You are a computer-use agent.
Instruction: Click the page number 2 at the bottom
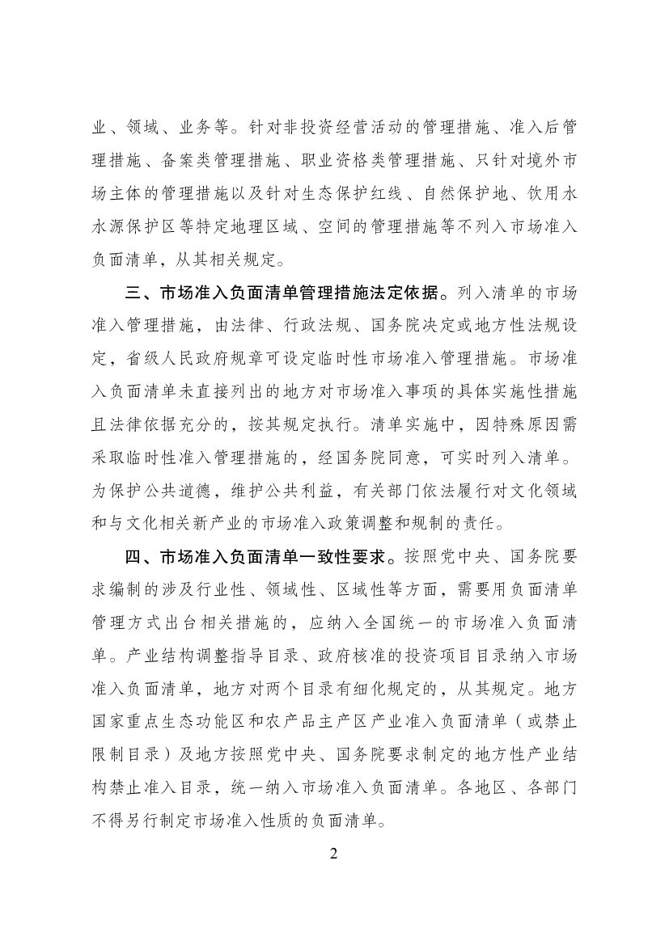(334, 855)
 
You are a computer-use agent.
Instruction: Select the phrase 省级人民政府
(178, 358)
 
